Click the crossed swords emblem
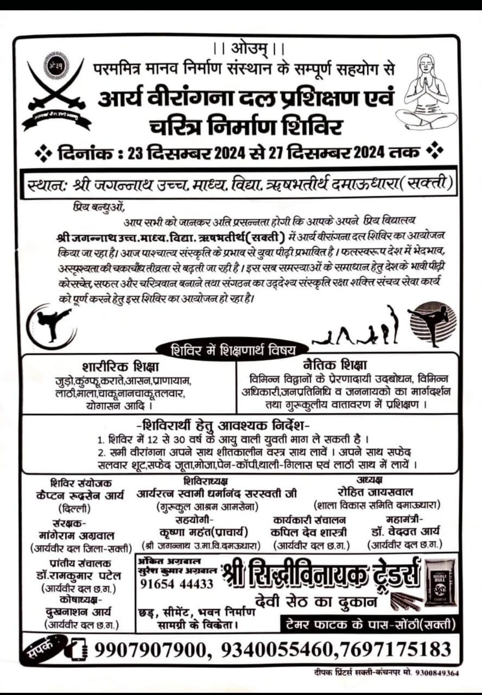[56, 90]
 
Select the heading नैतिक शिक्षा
[334, 364]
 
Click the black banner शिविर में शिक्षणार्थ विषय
[232, 349]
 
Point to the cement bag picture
[440, 583]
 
